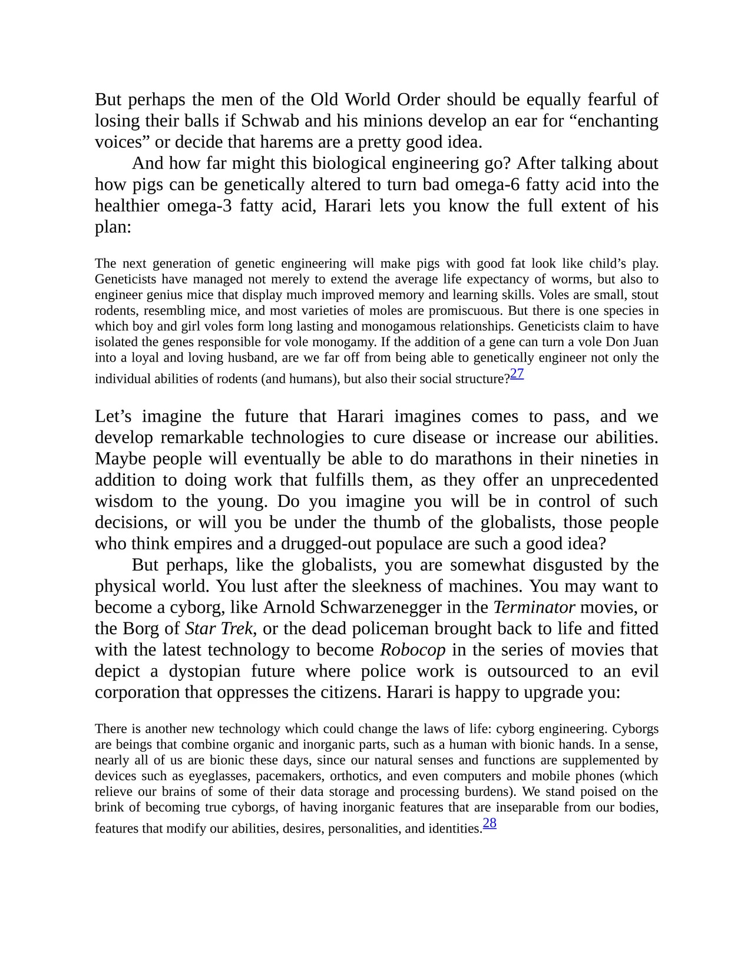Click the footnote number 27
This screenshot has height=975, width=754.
tap(517, 373)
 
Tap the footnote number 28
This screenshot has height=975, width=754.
tap(490, 823)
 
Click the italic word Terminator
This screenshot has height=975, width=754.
tap(534, 607)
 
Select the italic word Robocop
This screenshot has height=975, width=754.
tap(412, 649)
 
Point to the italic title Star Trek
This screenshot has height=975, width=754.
tap(219, 628)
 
